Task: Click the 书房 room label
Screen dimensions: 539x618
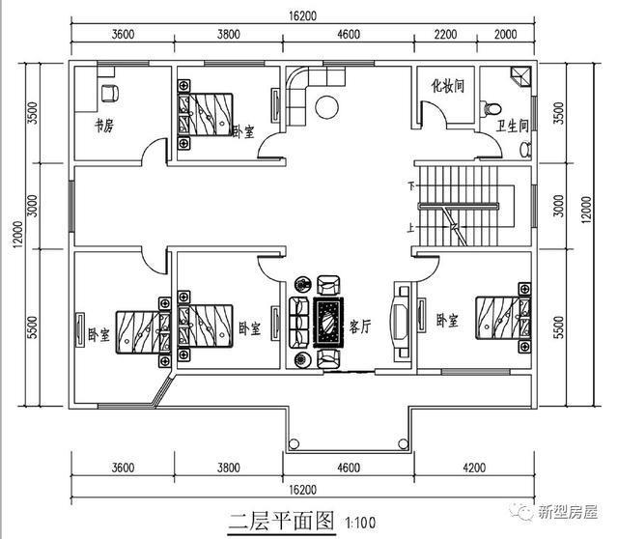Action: (102, 126)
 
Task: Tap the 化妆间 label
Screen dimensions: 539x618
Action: (447, 85)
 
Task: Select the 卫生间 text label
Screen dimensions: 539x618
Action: (512, 125)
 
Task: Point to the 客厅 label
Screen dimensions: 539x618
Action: (360, 326)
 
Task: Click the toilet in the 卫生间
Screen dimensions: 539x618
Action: (494, 108)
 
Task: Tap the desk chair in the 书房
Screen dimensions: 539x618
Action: (109, 93)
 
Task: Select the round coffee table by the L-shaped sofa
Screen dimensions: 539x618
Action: (327, 106)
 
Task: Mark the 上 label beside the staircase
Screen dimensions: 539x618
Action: (413, 229)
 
